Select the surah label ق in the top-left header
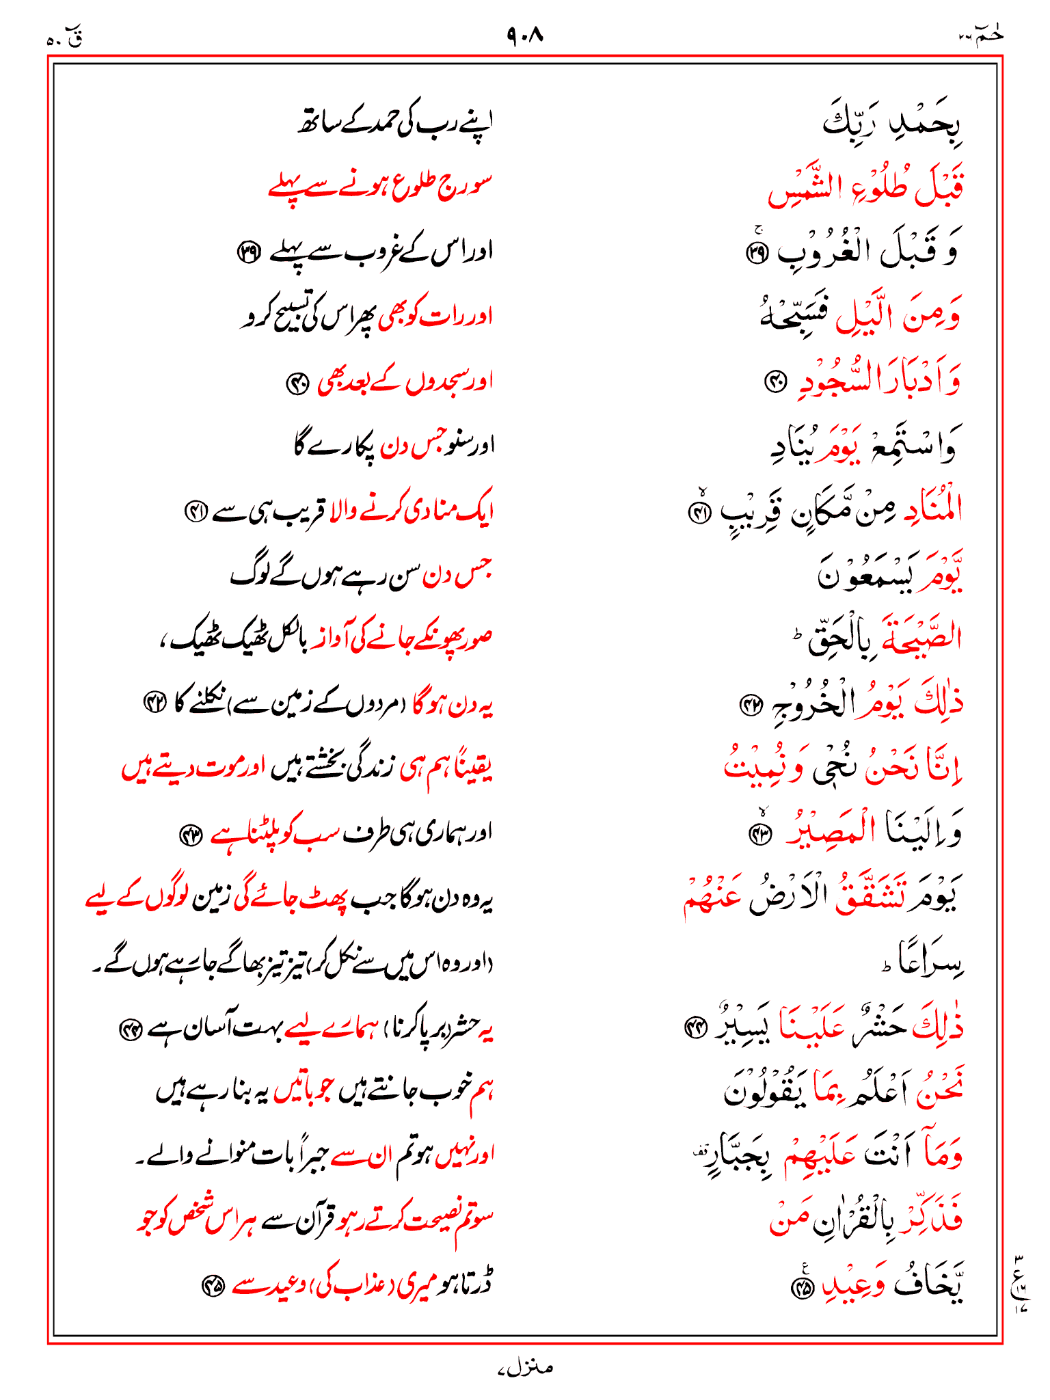[x=75, y=39]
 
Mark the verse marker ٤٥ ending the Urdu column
[x=213, y=1287]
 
